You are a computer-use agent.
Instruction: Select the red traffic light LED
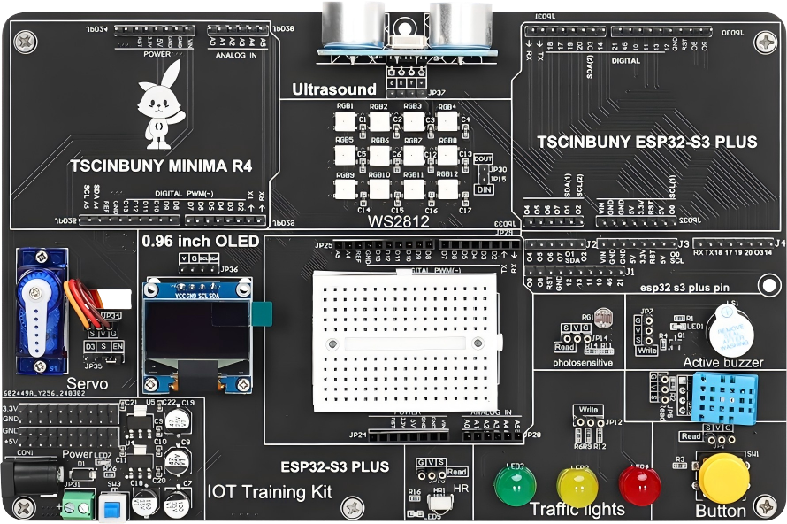639,483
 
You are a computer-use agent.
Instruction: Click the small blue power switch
111,507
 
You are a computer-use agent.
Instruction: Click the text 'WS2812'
399,221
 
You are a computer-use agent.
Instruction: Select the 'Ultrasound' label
334,89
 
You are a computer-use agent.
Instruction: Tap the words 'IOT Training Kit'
270,491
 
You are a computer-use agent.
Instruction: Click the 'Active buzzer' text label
723,362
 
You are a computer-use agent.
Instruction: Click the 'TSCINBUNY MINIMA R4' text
161,166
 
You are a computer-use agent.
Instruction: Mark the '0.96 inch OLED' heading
201,241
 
